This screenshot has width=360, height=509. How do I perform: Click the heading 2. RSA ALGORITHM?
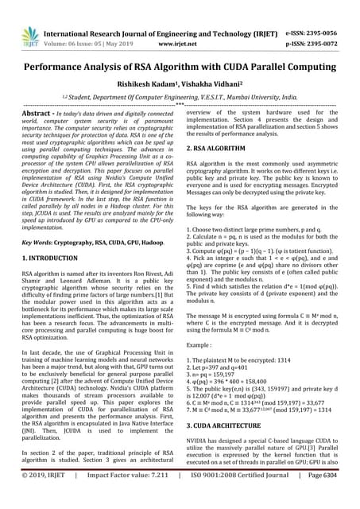click(x=220, y=148)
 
